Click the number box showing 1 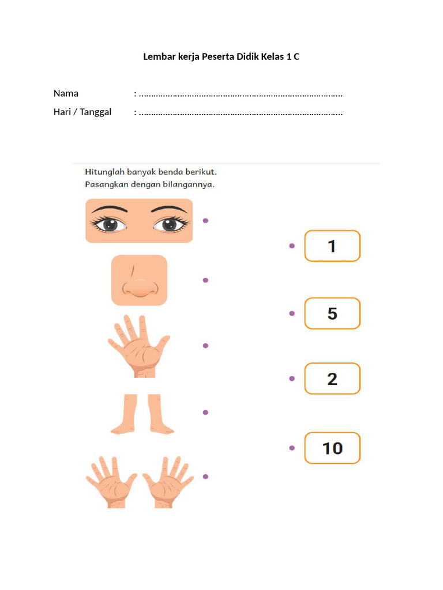pos(332,246)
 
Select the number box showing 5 pos(332,313)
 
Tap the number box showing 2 pos(332,379)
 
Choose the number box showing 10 pos(332,448)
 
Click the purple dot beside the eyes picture pos(205,221)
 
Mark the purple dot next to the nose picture pos(205,280)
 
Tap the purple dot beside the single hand pos(205,346)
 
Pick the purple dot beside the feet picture pos(205,413)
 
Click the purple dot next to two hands pos(205,476)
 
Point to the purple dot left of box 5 pos(292,313)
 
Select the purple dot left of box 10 pos(292,448)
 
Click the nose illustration pos(139,281)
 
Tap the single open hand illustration pos(138,346)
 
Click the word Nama pos(66,93)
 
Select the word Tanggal pos(96,112)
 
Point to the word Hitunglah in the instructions pos(105,172)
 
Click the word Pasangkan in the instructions pos(106,185)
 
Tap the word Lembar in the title pos(157,57)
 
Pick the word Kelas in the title pos(272,57)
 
